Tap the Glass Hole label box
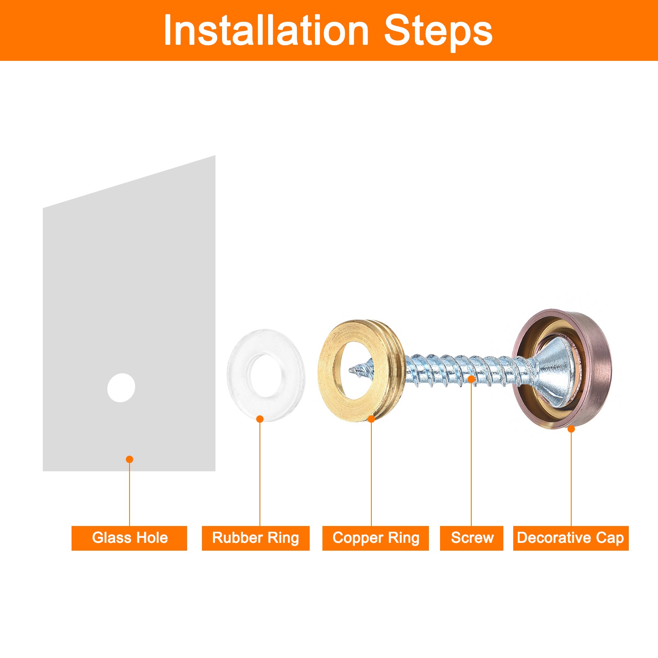coord(129,538)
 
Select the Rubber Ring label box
coord(255,538)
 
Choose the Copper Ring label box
coord(375,538)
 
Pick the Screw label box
coord(472,538)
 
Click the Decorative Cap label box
coord(571,538)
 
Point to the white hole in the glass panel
coord(121,388)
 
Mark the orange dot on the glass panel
coord(130,459)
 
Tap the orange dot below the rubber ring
coord(260,419)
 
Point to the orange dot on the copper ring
coord(371,419)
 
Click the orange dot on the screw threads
coord(471,379)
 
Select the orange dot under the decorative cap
coord(571,429)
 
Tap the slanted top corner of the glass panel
coord(215,156)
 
